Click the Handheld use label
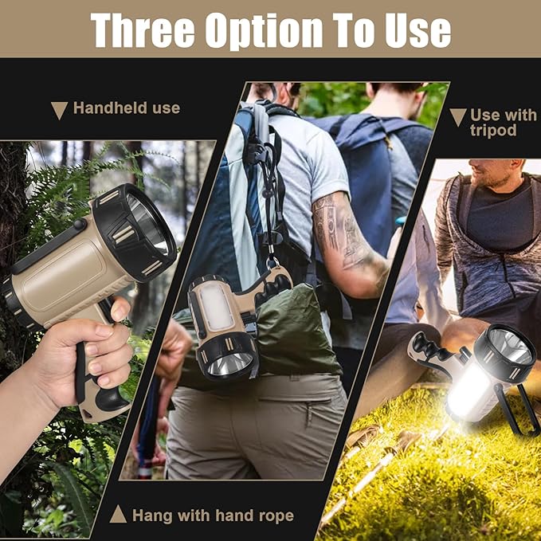[x=126, y=108]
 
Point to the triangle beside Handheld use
[x=59, y=110]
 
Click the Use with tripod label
[x=503, y=122]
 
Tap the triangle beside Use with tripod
[x=457, y=117]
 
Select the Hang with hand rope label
[x=213, y=516]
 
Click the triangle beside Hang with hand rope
[x=118, y=515]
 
